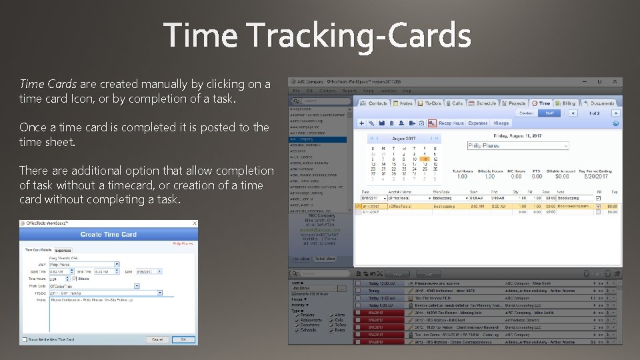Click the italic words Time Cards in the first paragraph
(x=49, y=84)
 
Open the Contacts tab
(x=374, y=103)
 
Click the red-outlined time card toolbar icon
(x=432, y=123)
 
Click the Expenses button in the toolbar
(x=477, y=123)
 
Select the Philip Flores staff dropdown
(x=517, y=145)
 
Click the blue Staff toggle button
(x=549, y=113)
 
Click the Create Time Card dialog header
(x=108, y=235)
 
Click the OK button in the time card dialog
(x=182, y=339)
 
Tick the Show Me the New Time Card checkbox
(x=24, y=339)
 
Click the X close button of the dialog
(x=194, y=223)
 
